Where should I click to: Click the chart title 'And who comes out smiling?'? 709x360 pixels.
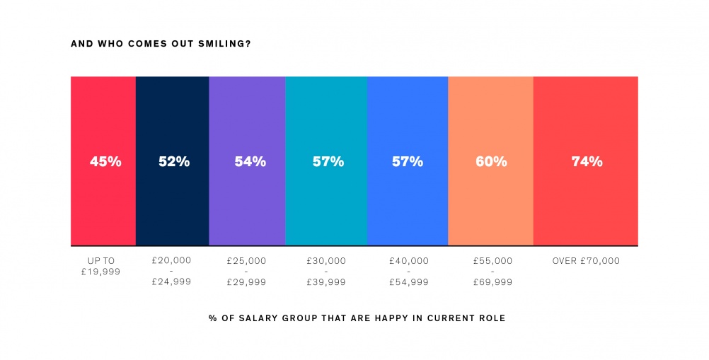tap(161, 44)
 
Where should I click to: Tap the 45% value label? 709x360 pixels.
tap(105, 162)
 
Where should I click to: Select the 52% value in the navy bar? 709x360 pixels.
tap(173, 162)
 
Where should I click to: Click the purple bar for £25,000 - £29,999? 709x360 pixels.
tap(247, 205)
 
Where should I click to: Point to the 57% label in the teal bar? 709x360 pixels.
tap(328, 162)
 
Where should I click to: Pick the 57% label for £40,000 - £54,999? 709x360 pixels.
tap(408, 162)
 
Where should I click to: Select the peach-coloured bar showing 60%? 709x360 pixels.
tap(490, 205)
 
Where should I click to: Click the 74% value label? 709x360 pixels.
tap(587, 162)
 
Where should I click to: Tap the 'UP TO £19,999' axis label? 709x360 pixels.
tap(103, 266)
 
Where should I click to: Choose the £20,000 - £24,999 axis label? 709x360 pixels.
tap(171, 272)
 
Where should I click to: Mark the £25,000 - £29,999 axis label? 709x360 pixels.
tap(246, 272)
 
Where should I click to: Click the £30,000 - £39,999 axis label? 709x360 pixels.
tap(326, 272)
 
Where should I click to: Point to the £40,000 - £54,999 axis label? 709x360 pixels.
tap(408, 272)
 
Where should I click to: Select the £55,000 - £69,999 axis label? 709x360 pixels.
tap(492, 272)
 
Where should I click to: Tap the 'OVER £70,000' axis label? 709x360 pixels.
tap(586, 261)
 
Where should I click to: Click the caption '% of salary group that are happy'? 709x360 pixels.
tap(357, 318)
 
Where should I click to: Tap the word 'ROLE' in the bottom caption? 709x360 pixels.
tap(492, 318)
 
